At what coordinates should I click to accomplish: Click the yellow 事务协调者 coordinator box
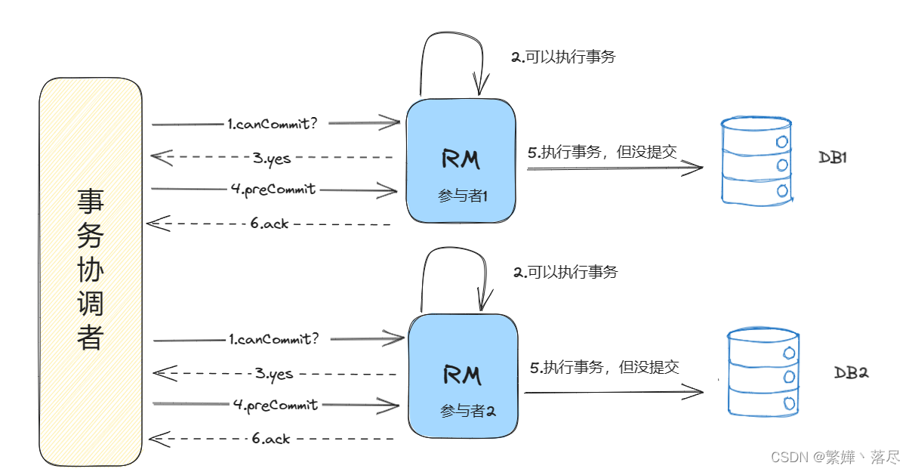click(x=91, y=272)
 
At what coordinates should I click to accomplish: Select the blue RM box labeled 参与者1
click(x=461, y=161)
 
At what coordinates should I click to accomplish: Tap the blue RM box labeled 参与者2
click(x=463, y=376)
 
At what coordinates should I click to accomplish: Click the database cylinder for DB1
click(x=756, y=162)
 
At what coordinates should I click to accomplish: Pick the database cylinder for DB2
click(x=763, y=372)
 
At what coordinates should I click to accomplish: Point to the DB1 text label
click(x=833, y=158)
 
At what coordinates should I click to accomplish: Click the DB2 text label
click(x=851, y=372)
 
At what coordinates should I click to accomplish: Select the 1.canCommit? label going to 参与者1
click(x=272, y=123)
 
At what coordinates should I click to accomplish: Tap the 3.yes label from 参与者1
click(x=272, y=158)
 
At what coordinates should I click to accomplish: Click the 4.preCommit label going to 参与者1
click(x=273, y=190)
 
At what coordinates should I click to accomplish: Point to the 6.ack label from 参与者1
click(x=269, y=224)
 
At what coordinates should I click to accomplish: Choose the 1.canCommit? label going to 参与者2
click(x=273, y=339)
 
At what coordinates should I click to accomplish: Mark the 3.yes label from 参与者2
click(x=273, y=373)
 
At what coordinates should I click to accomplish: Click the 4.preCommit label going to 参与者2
click(x=276, y=405)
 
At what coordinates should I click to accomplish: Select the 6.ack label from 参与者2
click(x=271, y=438)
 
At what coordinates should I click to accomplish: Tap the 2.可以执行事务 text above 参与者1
click(x=563, y=57)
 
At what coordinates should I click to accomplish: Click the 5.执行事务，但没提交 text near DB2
click(x=605, y=367)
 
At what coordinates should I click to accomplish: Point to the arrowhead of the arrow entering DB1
click(x=702, y=167)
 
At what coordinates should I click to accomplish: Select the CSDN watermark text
click(x=835, y=458)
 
